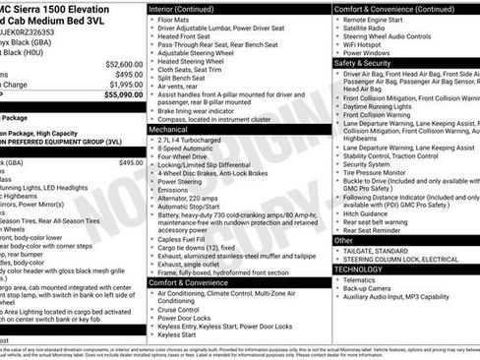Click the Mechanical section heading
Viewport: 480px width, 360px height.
coord(169,128)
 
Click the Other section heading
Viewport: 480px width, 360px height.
coord(343,239)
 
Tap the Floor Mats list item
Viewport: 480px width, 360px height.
coord(176,19)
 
